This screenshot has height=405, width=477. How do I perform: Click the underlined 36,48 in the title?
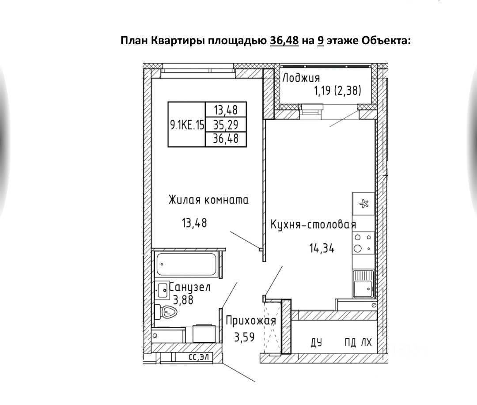click(284, 41)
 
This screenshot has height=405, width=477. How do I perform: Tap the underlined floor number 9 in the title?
click(321, 41)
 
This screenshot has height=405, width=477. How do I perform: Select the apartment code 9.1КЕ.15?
click(187, 125)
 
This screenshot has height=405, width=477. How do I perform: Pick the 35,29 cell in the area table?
click(226, 125)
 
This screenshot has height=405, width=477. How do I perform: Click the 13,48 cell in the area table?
click(226, 110)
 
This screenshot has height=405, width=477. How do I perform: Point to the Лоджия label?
click(301, 78)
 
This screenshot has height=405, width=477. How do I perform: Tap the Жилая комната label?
click(208, 200)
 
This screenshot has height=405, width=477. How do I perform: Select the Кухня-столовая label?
click(313, 224)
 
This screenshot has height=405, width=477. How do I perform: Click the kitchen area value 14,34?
click(322, 248)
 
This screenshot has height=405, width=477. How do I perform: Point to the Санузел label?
click(190, 287)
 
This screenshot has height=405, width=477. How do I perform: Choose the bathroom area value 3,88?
click(183, 300)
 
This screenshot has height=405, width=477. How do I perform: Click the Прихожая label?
click(251, 321)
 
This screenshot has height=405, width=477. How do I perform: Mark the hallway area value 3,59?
click(244, 337)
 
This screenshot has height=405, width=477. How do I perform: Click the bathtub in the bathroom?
click(186, 264)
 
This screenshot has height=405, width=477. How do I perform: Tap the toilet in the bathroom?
click(166, 311)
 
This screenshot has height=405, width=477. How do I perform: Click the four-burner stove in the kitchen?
click(363, 243)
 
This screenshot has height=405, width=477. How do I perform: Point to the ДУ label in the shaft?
click(316, 343)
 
